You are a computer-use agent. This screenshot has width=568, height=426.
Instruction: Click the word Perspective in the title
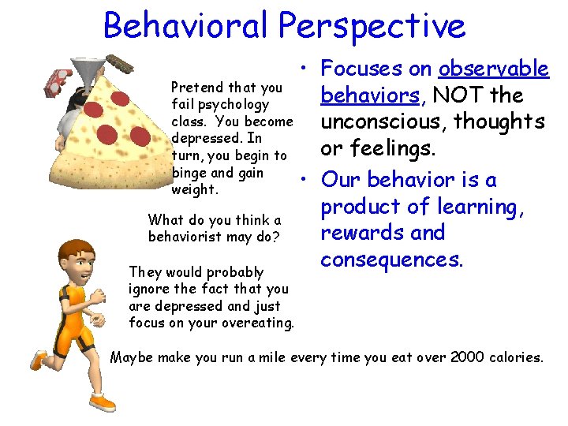point(370,27)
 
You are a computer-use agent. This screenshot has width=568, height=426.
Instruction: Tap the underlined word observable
point(494,69)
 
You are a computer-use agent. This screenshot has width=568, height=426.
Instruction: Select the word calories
point(513,357)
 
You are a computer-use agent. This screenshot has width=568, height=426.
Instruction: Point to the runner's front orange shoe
point(102,402)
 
